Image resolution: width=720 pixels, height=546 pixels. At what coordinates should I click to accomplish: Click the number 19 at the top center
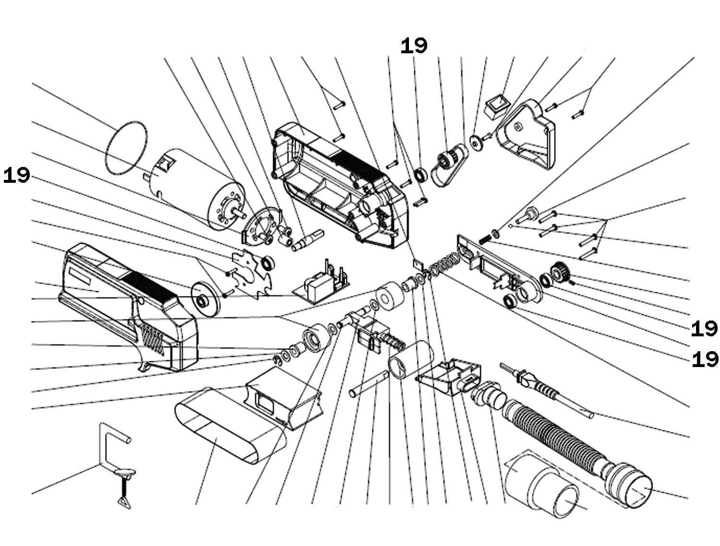click(414, 46)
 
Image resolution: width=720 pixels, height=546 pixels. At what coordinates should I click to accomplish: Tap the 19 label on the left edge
click(16, 176)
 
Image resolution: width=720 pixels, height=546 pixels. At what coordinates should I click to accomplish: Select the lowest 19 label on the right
click(705, 359)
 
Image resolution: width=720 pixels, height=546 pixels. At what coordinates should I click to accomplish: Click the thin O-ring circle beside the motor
click(126, 149)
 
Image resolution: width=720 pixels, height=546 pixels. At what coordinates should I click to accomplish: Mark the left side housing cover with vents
click(130, 307)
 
